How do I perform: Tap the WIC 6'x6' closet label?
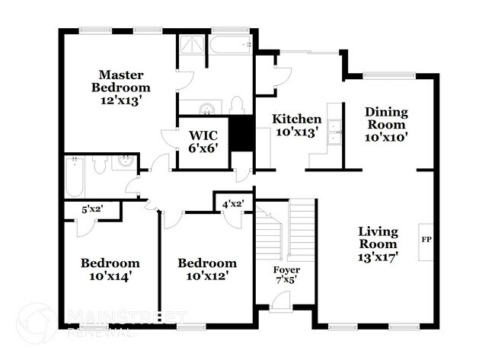tap(203, 142)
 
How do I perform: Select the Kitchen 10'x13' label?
tap(297, 126)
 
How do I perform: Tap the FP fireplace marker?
tap(426, 239)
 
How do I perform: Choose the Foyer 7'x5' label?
tap(286, 276)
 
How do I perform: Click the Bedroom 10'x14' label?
tap(110, 269)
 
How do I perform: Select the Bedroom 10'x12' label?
tap(206, 269)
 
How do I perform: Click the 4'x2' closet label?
tap(232, 203)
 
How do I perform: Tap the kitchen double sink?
tap(334, 139)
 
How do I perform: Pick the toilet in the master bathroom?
tap(237, 104)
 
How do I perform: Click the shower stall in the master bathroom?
tap(193, 47)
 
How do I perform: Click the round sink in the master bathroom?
tap(204, 107)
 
